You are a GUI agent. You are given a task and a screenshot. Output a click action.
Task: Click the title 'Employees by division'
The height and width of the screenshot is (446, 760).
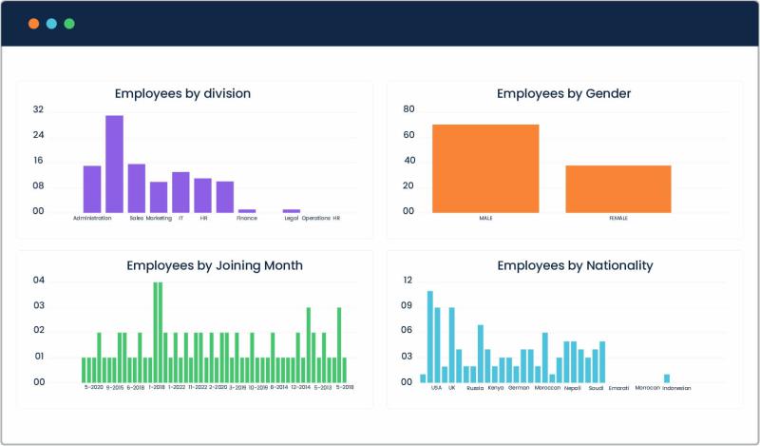tap(182, 93)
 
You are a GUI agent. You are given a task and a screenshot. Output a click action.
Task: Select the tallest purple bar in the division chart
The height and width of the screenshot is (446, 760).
tap(114, 164)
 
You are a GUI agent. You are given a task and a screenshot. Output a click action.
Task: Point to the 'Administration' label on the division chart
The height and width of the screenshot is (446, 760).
tap(92, 218)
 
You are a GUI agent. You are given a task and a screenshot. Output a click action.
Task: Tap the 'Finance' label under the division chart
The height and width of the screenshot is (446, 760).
tap(247, 218)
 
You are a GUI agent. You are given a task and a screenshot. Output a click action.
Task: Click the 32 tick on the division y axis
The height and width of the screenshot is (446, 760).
tap(38, 109)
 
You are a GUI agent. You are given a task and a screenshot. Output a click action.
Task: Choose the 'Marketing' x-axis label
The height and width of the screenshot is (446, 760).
tap(159, 218)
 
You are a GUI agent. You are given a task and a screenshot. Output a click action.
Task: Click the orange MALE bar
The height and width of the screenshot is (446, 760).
tap(485, 168)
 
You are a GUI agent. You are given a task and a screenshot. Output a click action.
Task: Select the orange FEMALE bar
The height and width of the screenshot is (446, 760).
tap(618, 188)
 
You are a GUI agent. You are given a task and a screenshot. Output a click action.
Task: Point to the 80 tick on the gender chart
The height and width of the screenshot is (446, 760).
tap(408, 109)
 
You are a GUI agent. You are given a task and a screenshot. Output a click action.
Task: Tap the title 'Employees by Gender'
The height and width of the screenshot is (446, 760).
tap(563, 93)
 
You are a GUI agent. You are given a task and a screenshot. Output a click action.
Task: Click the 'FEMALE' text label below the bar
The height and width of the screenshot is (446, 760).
tap(618, 218)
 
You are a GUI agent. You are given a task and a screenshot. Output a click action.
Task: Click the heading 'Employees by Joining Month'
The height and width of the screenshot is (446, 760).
tap(215, 265)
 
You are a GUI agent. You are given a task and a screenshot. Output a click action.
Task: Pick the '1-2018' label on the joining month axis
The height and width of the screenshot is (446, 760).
tap(156, 388)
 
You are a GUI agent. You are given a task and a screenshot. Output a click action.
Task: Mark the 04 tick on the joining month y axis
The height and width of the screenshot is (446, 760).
tap(39, 281)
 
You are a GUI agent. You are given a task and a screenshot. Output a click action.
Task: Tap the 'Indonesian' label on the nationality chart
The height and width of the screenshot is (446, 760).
tap(675, 388)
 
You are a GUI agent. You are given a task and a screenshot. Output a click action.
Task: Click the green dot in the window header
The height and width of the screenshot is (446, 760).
tap(69, 23)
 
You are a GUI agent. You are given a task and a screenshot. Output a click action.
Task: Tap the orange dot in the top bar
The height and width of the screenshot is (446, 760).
tap(33, 23)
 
